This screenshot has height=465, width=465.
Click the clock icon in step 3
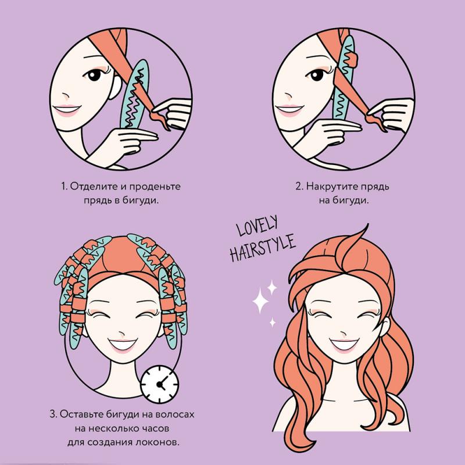[159, 384]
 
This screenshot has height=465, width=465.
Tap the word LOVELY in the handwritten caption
[257, 226]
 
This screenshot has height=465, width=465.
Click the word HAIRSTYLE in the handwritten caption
[263, 248]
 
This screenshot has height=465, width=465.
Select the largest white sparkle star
[260, 301]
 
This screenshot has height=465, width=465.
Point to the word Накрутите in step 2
[331, 187]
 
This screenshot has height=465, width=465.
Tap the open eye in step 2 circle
[317, 74]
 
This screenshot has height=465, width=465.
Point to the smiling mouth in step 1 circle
[66, 110]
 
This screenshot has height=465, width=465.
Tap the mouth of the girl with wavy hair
[344, 345]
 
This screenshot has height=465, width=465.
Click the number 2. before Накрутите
[299, 187]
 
